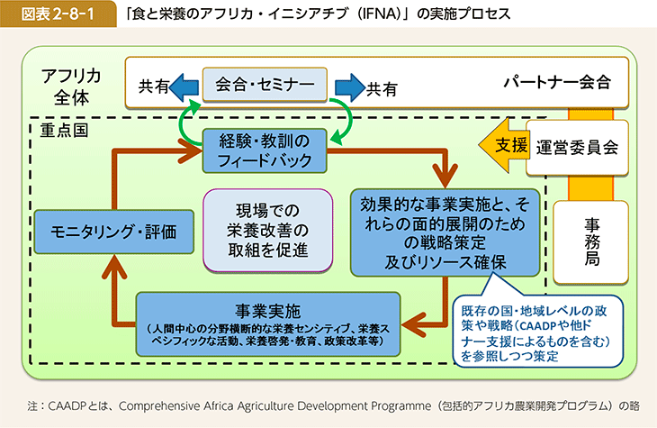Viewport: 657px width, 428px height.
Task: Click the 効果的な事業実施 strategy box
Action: coord(446,231)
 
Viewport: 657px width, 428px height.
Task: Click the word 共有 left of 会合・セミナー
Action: coord(153,87)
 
